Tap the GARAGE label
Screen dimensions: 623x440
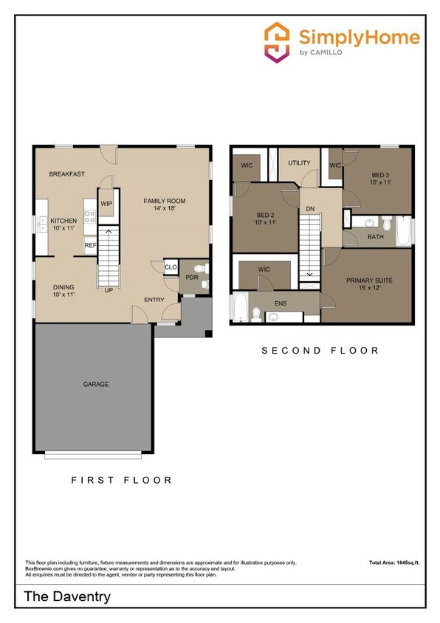point(95,384)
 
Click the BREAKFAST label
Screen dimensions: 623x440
point(66,174)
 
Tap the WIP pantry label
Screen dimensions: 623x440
point(106,204)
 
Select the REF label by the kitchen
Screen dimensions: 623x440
point(90,245)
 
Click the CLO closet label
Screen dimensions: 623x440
point(171,267)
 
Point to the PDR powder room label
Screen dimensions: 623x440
point(191,278)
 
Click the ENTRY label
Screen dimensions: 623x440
point(154,299)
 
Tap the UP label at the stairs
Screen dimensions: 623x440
point(109,290)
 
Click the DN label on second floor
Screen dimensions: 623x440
point(310,209)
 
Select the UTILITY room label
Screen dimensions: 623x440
point(299,163)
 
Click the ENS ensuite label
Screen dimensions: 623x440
point(281,303)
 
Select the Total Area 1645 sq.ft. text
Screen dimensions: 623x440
point(394,563)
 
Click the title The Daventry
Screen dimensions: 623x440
point(67,596)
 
